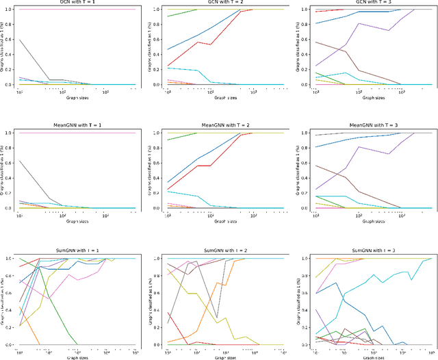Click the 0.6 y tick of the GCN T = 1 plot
click(9, 40)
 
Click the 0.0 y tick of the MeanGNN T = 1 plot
click(9, 208)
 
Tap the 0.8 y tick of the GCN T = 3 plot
click(306, 25)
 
